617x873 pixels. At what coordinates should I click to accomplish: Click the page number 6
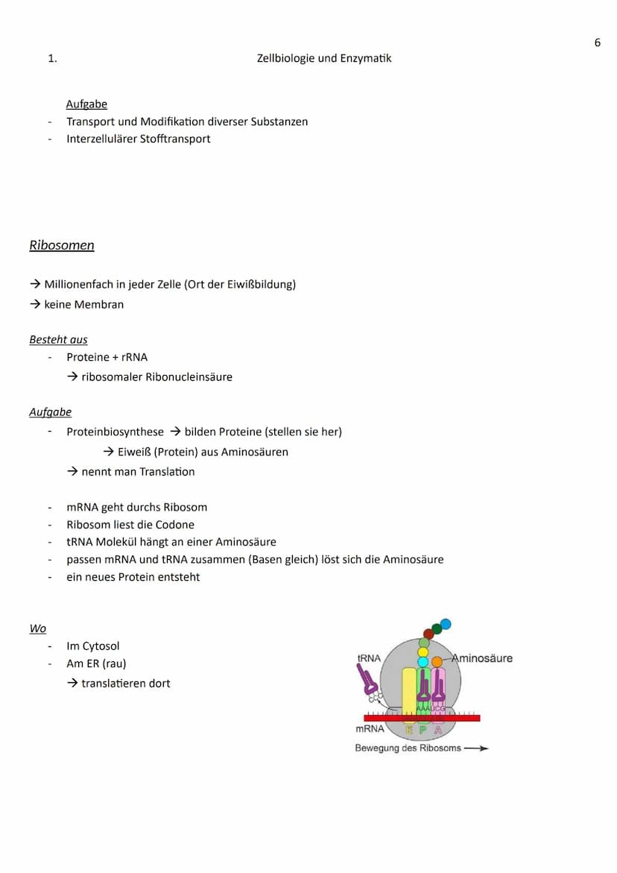(x=597, y=42)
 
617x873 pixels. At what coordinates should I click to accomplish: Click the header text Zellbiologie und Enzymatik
(x=324, y=58)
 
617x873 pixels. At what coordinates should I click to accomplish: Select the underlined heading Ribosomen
(x=62, y=245)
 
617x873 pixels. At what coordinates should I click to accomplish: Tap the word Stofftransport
(x=175, y=139)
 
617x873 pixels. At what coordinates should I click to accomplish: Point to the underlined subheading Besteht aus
(x=58, y=340)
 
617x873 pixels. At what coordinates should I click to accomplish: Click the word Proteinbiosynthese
(x=115, y=432)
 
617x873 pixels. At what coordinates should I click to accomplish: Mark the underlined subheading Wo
(x=38, y=629)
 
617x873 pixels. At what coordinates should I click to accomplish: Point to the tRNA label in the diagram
(x=369, y=658)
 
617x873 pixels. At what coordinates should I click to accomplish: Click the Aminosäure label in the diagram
(x=483, y=658)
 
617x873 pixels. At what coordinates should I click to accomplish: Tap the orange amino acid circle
(x=437, y=661)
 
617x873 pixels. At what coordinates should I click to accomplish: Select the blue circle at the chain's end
(x=446, y=624)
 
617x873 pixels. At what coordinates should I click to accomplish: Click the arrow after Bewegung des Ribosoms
(x=476, y=748)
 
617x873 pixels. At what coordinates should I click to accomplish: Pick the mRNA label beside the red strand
(x=370, y=729)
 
